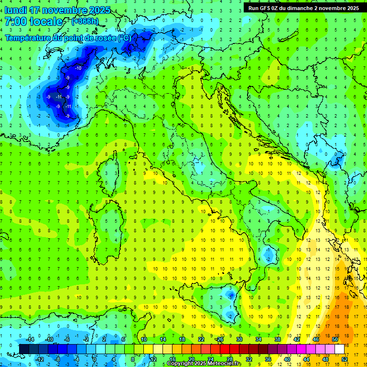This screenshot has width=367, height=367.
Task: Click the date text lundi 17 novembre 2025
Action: click(57, 10)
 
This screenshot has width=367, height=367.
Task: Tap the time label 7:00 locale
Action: click(33, 22)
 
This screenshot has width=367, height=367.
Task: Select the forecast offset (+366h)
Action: click(85, 22)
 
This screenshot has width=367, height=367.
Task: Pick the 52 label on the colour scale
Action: click(344, 359)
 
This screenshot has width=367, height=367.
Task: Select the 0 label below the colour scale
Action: click(95, 359)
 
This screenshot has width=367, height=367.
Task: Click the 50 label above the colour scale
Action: click(335, 339)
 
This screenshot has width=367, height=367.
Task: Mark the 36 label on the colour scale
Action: click(268, 359)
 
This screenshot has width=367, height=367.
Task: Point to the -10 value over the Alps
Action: click(78, 68)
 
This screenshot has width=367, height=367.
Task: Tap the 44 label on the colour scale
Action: click(306, 359)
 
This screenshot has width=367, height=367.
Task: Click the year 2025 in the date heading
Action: click(100, 10)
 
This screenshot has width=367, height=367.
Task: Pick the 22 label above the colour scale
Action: click(201, 339)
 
